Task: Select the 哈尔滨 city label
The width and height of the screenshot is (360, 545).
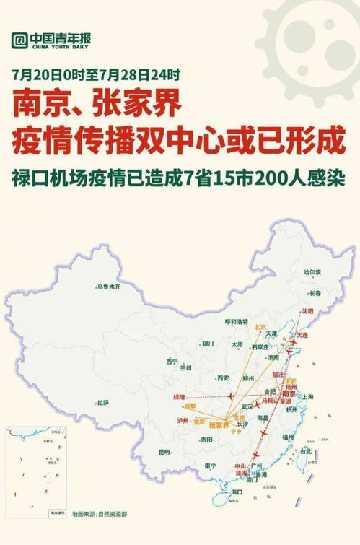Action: (312, 272)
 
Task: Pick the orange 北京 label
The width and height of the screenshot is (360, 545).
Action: (261, 327)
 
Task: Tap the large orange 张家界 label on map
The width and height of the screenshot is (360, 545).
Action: (219, 425)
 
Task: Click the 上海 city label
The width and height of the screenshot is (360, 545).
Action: (309, 396)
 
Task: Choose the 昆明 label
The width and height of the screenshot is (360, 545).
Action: (165, 452)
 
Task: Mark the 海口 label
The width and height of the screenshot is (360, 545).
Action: (237, 492)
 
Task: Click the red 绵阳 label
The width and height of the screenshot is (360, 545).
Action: (180, 398)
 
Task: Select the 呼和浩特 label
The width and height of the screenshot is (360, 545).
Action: (236, 321)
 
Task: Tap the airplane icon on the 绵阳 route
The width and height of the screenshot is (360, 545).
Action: (230, 396)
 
